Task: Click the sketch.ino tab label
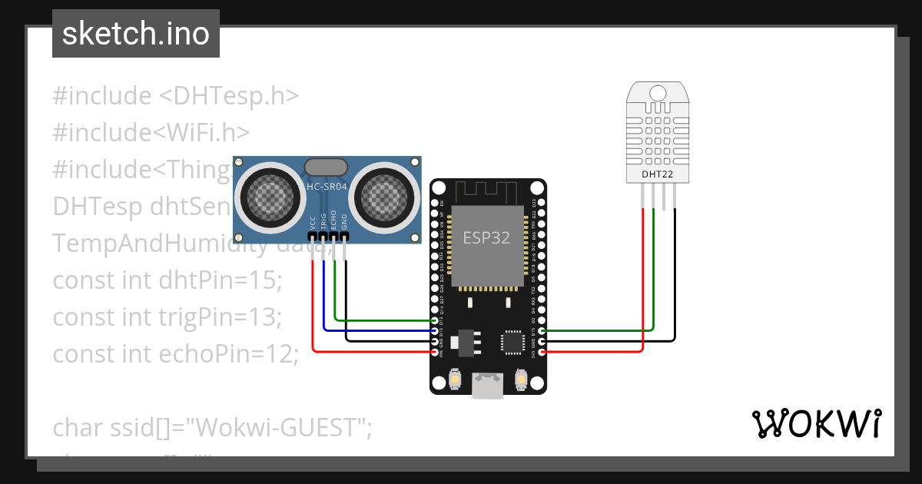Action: (136, 34)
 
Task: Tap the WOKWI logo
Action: (816, 423)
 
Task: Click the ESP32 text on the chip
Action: (486, 237)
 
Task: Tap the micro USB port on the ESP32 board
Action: (488, 386)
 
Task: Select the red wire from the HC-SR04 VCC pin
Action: (313, 307)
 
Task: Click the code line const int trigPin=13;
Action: (167, 317)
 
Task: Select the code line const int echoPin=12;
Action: (174, 354)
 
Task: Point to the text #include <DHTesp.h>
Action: (175, 96)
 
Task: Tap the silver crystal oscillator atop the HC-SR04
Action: (327, 167)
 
